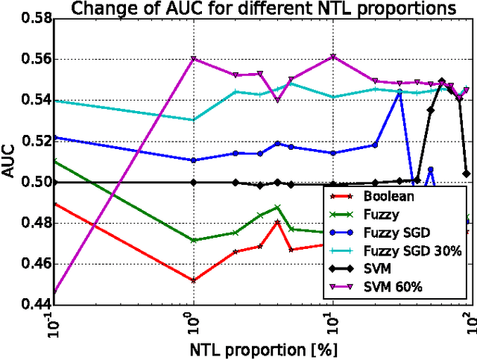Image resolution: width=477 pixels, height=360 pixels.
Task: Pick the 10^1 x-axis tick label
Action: tap(329, 323)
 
